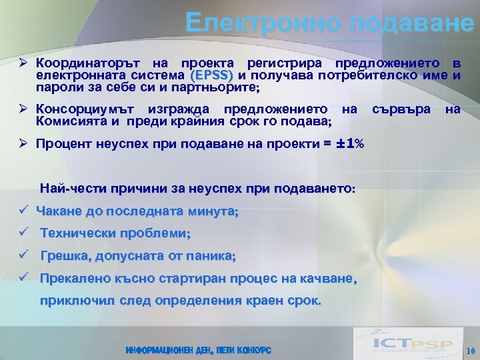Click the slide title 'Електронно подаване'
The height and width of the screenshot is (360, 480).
tap(330, 23)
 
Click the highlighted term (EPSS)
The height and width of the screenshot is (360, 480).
tap(211, 75)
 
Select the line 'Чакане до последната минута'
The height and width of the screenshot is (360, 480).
tap(137, 211)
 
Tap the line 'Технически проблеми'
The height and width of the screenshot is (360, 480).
tap(115, 233)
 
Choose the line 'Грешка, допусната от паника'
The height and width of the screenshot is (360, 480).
tap(138, 256)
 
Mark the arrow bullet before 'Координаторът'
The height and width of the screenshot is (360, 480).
tap(23, 64)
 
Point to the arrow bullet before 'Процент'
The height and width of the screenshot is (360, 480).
tap(23, 143)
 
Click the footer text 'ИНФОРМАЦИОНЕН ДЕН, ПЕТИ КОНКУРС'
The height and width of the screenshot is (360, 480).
tap(198, 350)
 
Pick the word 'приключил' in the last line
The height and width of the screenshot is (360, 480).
tap(77, 301)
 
